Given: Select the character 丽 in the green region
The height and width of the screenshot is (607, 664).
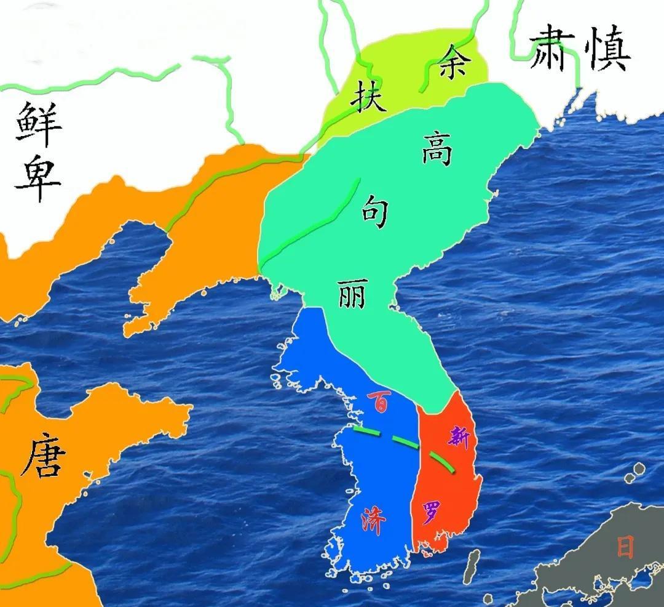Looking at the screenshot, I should coord(352,294).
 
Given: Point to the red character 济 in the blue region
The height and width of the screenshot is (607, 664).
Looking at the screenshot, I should coord(374,522).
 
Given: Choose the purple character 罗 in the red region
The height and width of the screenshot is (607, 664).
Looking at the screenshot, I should coord(431,512).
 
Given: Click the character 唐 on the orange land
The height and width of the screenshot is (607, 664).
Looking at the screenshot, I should coord(43,459).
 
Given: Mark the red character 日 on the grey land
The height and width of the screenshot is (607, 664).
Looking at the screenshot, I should coord(625,546).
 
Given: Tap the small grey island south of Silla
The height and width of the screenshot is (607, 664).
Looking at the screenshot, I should coord(472,563).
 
